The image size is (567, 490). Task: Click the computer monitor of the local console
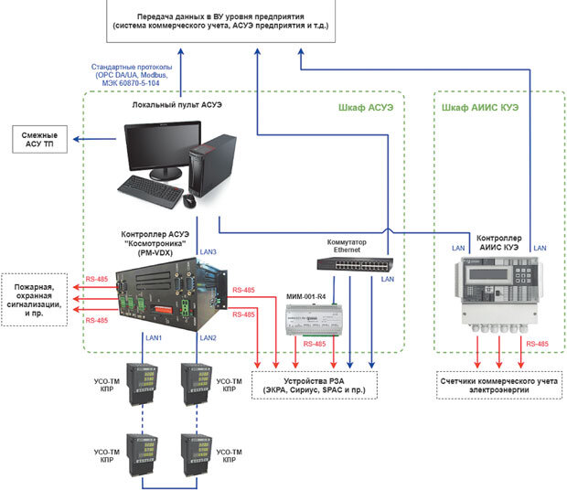161,151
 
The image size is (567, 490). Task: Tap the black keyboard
150,192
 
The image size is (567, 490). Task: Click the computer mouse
189,199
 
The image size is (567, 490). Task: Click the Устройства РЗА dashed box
313,382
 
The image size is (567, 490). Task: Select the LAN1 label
153,337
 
